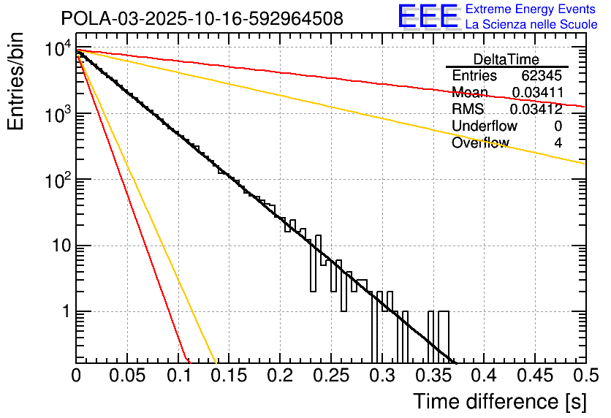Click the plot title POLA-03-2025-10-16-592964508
202,18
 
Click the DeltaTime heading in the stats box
506,59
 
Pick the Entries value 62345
542,76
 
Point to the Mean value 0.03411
536,93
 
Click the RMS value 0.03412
536,110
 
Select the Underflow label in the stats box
485,126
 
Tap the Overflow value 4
558,143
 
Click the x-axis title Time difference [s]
500,401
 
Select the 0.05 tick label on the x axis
126,376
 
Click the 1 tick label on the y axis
63,312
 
